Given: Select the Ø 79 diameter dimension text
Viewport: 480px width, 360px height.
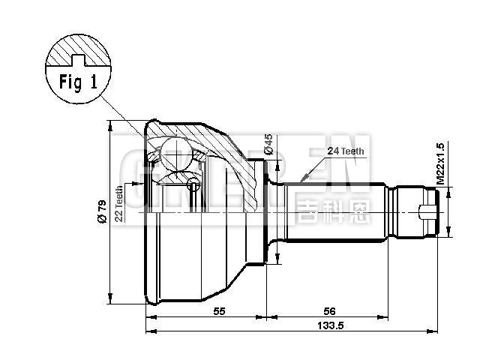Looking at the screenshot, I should [x=102, y=212].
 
